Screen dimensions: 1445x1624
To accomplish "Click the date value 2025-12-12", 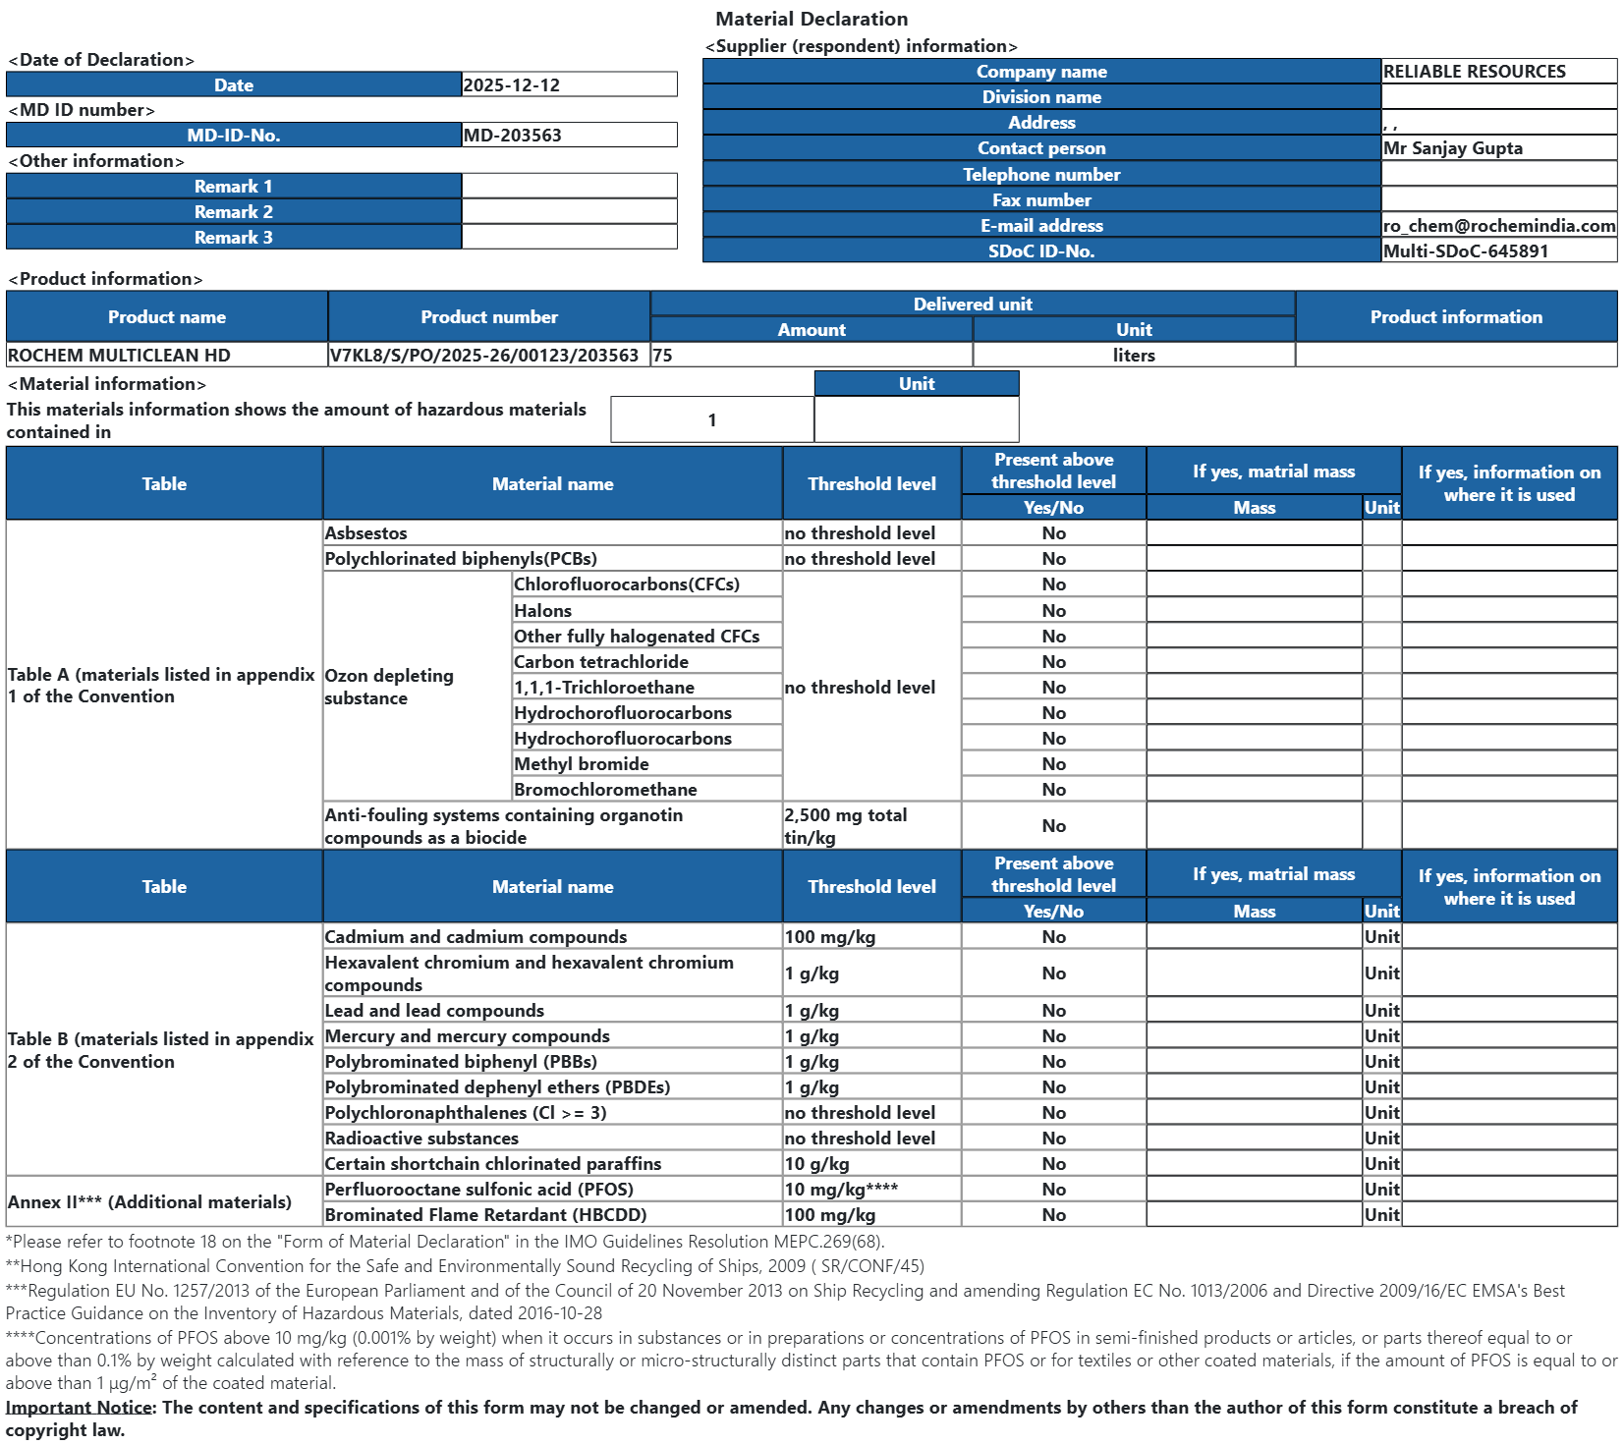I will (x=511, y=85).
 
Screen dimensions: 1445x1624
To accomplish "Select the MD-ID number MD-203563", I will (x=512, y=136).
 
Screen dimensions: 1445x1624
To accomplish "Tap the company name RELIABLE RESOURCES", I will (x=1474, y=72).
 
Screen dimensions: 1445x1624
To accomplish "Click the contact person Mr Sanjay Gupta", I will (x=1452, y=148).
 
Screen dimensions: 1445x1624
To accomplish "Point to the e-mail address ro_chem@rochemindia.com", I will (x=1498, y=226).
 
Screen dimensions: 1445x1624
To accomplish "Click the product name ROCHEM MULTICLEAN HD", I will (x=119, y=356).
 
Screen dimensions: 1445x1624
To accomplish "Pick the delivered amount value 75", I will (x=663, y=356).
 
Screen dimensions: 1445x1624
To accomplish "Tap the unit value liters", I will (x=1134, y=356).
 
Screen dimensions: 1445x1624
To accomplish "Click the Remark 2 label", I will (x=234, y=212).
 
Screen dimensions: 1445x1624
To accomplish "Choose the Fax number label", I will (x=1041, y=200).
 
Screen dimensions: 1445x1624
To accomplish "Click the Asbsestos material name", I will (x=365, y=533).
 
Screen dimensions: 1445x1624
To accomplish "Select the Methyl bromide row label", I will (x=581, y=764).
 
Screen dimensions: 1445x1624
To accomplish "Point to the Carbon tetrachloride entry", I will (x=600, y=662).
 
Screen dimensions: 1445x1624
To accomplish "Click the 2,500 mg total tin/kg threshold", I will (x=845, y=826).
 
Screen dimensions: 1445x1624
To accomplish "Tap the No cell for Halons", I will (x=1053, y=611).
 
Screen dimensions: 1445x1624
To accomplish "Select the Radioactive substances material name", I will (x=421, y=1139).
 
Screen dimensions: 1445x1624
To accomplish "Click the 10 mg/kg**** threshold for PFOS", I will (x=841, y=1190).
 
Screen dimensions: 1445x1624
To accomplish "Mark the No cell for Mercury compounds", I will (x=1053, y=1036).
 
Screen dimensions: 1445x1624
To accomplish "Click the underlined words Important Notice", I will (x=80, y=1408).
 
